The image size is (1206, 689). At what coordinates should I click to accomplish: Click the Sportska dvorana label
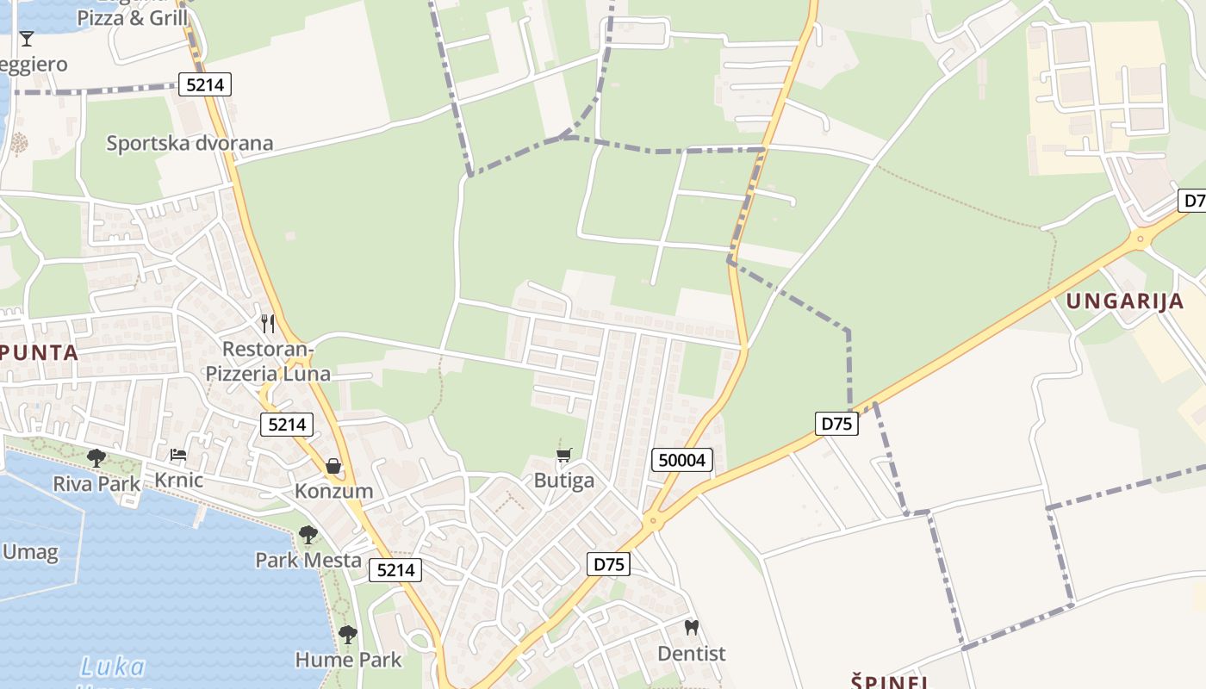click(x=190, y=143)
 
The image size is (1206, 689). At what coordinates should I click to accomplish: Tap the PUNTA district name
click(x=39, y=352)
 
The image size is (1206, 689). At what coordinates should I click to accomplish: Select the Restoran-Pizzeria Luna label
click(x=268, y=361)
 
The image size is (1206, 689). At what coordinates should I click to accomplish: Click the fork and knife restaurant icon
click(x=268, y=324)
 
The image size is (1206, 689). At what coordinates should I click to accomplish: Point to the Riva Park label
click(x=96, y=484)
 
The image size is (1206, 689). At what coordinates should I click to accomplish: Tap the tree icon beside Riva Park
click(x=96, y=457)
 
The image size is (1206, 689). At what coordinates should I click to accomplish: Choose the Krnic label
click(x=178, y=480)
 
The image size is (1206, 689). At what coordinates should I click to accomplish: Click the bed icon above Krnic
click(x=178, y=454)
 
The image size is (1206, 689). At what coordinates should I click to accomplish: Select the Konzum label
click(x=334, y=491)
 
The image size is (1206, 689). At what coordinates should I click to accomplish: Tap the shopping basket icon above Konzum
click(x=333, y=466)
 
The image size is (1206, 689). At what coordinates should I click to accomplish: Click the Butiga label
click(x=564, y=480)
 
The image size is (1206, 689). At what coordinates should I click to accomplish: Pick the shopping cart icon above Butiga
click(x=564, y=455)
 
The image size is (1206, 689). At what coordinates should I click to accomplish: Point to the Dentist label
click(x=692, y=654)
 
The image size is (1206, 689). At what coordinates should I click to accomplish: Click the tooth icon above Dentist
click(x=691, y=627)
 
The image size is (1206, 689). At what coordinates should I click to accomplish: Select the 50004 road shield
click(x=681, y=460)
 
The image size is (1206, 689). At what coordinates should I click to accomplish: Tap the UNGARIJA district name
click(x=1125, y=301)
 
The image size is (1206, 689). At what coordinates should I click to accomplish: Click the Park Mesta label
click(x=308, y=560)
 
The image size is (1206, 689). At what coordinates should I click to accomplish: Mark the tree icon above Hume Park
click(x=348, y=635)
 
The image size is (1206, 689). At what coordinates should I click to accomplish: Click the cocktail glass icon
click(x=27, y=39)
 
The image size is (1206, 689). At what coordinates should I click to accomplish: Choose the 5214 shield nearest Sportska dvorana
click(x=205, y=84)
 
